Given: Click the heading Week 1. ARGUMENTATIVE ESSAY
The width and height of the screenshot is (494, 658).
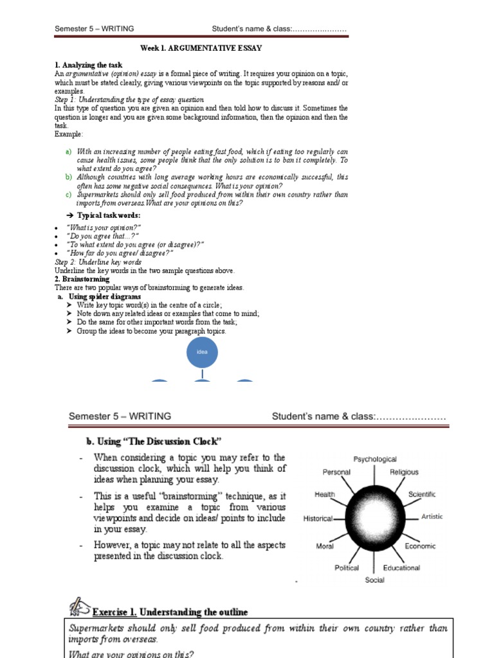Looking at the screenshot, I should click(201, 48).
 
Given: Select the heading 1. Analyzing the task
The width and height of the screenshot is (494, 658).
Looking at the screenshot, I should click(88, 66).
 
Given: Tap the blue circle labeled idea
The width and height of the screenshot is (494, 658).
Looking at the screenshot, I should click(202, 352).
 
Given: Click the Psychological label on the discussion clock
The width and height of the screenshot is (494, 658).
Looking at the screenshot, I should click(375, 459).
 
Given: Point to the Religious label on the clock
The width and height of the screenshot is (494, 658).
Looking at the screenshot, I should click(403, 472).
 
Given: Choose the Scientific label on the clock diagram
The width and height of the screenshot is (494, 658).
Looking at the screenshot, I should click(421, 494).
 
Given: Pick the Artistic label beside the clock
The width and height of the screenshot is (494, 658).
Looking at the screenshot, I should click(432, 517).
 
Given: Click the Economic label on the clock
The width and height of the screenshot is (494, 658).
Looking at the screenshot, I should click(420, 546).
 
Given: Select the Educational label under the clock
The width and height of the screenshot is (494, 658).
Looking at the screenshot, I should click(401, 568).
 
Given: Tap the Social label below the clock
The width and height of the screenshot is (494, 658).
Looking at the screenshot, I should click(374, 580).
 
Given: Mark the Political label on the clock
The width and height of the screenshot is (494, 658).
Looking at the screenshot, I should click(347, 568).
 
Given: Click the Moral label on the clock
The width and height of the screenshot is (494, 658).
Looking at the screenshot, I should click(325, 546).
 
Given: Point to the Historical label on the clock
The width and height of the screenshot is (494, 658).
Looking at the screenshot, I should click(318, 519).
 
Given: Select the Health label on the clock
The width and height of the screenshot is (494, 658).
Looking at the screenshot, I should click(324, 495).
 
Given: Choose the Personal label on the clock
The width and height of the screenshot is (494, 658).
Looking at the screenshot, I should click(336, 472).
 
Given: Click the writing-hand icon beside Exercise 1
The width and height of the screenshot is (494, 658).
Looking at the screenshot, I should click(78, 607).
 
